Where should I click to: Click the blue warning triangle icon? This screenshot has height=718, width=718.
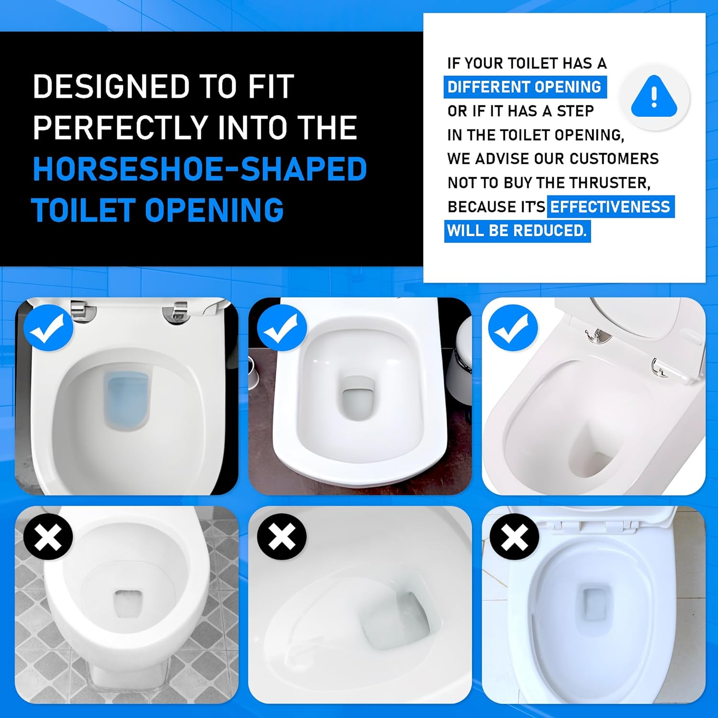654,98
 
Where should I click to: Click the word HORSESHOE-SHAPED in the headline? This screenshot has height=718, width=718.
200,169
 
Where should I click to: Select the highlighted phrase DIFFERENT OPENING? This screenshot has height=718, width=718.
525,87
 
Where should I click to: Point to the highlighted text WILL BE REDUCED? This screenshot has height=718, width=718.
517,231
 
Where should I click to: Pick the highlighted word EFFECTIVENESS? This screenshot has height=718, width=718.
610,207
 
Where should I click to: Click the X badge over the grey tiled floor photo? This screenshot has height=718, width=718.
48,537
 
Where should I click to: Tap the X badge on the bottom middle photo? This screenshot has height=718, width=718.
281,537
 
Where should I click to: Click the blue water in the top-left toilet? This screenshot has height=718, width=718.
127,400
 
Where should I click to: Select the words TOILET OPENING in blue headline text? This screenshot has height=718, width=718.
158,211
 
